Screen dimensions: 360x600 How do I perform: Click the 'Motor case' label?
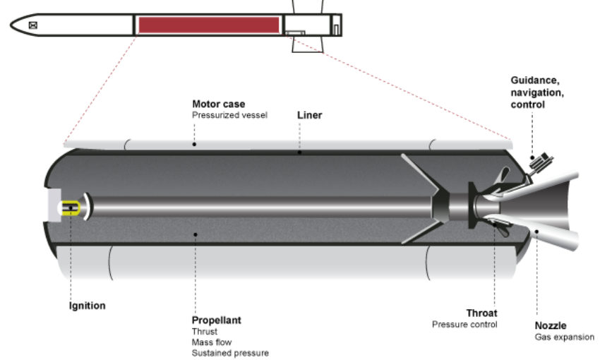click(x=219, y=104)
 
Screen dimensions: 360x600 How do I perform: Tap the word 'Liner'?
click(x=309, y=115)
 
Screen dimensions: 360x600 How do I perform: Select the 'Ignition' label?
click(x=87, y=306)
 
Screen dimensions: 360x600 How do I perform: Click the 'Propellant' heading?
click(x=216, y=320)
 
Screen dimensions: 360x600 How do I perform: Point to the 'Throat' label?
click(x=481, y=313)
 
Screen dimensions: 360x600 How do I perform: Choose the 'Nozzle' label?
click(x=551, y=326)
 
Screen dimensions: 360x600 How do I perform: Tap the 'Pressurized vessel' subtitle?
click(x=229, y=115)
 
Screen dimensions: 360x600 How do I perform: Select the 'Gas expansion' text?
click(x=565, y=337)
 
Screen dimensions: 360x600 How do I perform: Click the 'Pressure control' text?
click(x=464, y=325)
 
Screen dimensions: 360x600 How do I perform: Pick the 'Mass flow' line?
click(x=211, y=342)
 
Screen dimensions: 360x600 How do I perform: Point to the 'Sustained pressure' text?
click(x=230, y=352)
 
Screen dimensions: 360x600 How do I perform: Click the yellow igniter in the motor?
click(x=71, y=208)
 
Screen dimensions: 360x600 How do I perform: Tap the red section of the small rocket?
click(x=208, y=25)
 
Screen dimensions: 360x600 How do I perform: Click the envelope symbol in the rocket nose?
click(x=32, y=25)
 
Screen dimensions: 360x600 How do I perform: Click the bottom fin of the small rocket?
click(x=308, y=44)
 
